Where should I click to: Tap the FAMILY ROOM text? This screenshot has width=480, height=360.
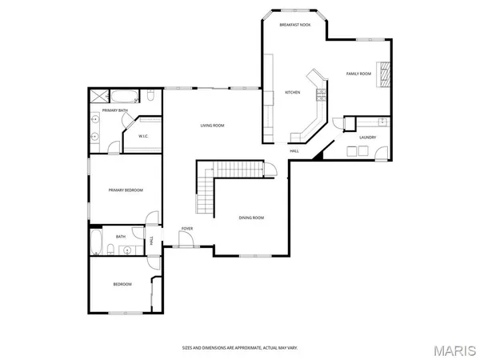click(x=358, y=74)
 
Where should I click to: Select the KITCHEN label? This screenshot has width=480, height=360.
click(x=293, y=93)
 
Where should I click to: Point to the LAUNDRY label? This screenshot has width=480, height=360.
click(x=367, y=137)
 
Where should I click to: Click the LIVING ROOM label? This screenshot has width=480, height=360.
click(x=212, y=126)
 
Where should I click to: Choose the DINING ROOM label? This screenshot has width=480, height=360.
click(x=251, y=218)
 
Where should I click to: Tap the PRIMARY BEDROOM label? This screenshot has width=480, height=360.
click(x=126, y=190)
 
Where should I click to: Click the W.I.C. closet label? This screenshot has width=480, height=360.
click(x=144, y=136)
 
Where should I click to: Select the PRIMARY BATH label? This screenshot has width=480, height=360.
click(x=114, y=110)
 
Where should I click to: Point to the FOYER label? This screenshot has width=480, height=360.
click(x=186, y=229)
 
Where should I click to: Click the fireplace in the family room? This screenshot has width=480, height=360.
click(x=386, y=74)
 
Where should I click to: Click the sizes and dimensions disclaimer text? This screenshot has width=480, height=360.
click(x=240, y=348)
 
